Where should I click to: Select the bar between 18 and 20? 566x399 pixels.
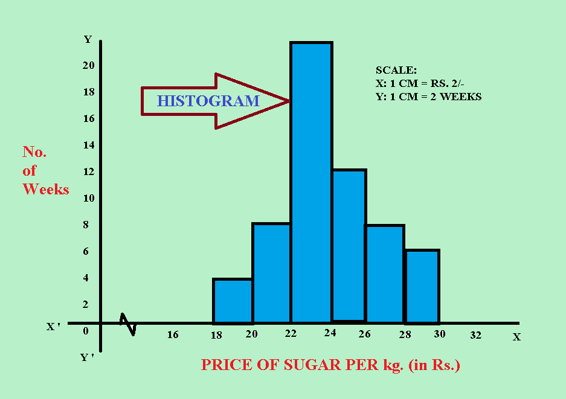coord(233,301)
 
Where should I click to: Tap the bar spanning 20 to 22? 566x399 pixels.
coord(272,273)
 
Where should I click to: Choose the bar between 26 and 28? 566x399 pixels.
coord(385,273)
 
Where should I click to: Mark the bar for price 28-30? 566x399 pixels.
coord(422,286)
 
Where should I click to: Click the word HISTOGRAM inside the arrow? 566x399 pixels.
coord(208,101)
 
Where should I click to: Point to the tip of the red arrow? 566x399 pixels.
coord(289,101)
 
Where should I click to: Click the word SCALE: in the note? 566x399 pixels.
coord(396,71)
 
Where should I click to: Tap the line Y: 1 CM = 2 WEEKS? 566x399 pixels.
coord(428,96)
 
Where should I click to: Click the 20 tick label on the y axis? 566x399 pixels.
coord(88,66)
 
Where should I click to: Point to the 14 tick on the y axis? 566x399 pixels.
coord(88,145)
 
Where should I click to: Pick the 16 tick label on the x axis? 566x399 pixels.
coord(173,335)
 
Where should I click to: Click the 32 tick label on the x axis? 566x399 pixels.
coord(475,335)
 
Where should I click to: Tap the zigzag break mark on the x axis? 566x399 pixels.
coord(129,324)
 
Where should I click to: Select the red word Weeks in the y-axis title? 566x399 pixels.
coord(46,190)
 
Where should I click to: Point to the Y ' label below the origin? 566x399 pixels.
coord(87,357)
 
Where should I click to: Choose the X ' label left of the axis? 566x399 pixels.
coord(53,327)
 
